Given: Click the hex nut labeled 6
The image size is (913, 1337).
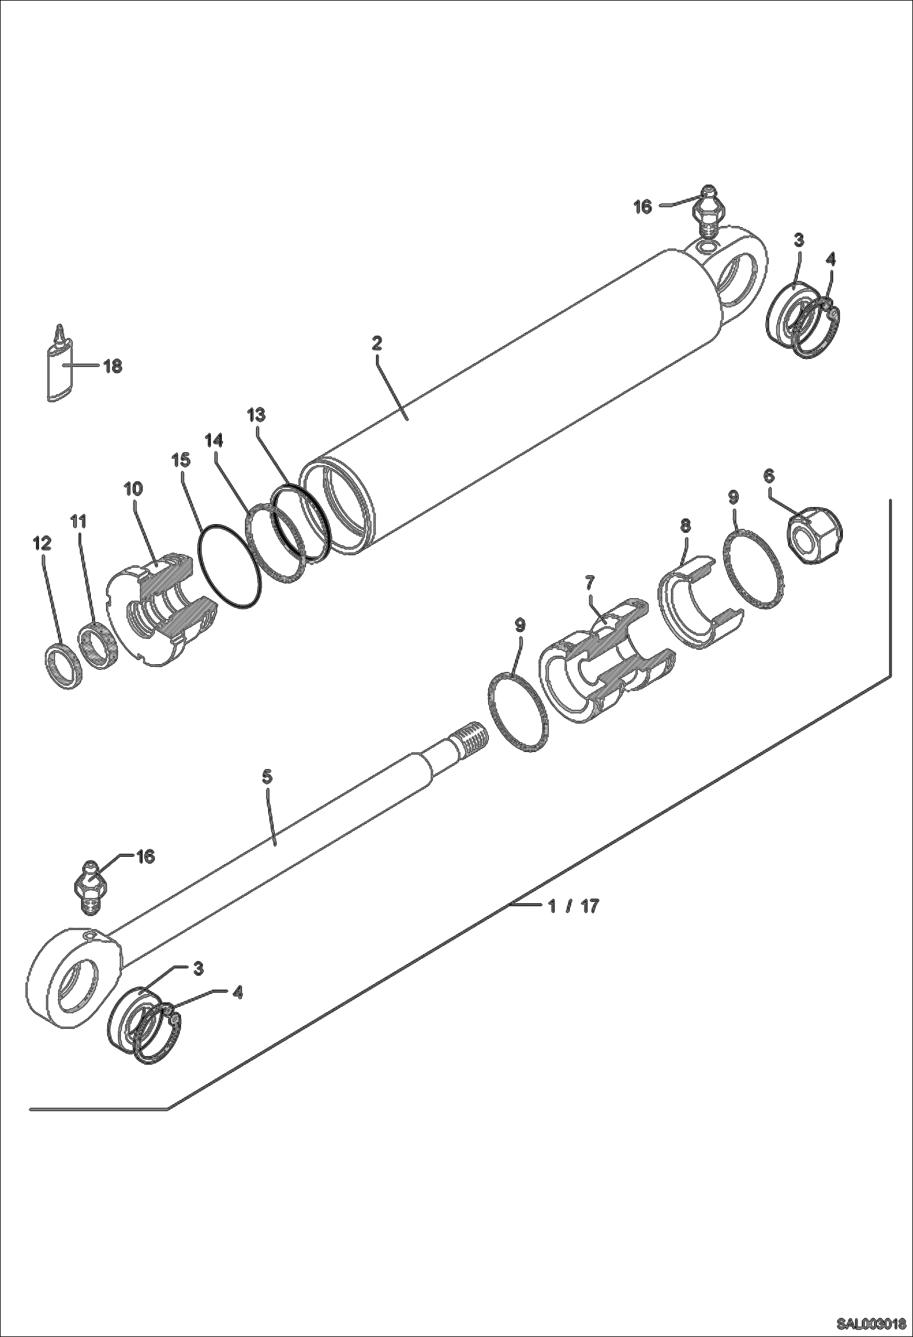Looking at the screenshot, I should pos(815,532).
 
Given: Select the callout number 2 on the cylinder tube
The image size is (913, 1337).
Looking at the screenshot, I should pos(376,343).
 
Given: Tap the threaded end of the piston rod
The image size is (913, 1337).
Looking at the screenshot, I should pos(470,737).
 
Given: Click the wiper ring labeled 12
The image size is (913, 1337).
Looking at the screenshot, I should pos(63,667).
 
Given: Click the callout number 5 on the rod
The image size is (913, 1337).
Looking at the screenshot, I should pos(266,776).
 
